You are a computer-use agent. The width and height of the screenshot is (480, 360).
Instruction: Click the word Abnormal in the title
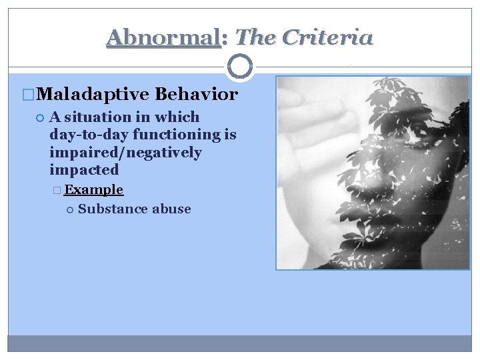click(x=163, y=38)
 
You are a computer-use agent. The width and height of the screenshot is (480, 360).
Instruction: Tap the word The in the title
click(x=255, y=38)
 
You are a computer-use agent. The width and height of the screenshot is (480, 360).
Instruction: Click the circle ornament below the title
click(x=240, y=67)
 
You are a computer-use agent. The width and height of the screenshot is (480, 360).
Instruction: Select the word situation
click(x=98, y=117)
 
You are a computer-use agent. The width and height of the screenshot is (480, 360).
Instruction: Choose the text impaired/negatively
click(x=125, y=152)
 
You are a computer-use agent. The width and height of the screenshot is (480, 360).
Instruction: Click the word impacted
click(x=83, y=169)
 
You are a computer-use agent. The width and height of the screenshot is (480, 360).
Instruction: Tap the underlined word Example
click(x=93, y=190)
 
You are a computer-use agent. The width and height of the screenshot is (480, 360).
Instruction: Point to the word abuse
click(x=171, y=209)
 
